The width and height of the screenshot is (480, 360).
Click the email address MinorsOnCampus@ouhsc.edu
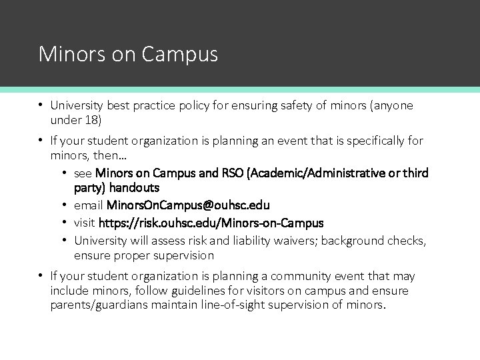[x=188, y=205]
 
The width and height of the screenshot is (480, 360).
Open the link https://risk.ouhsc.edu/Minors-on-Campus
[x=211, y=223]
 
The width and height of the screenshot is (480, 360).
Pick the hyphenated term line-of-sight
[x=228, y=305]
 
